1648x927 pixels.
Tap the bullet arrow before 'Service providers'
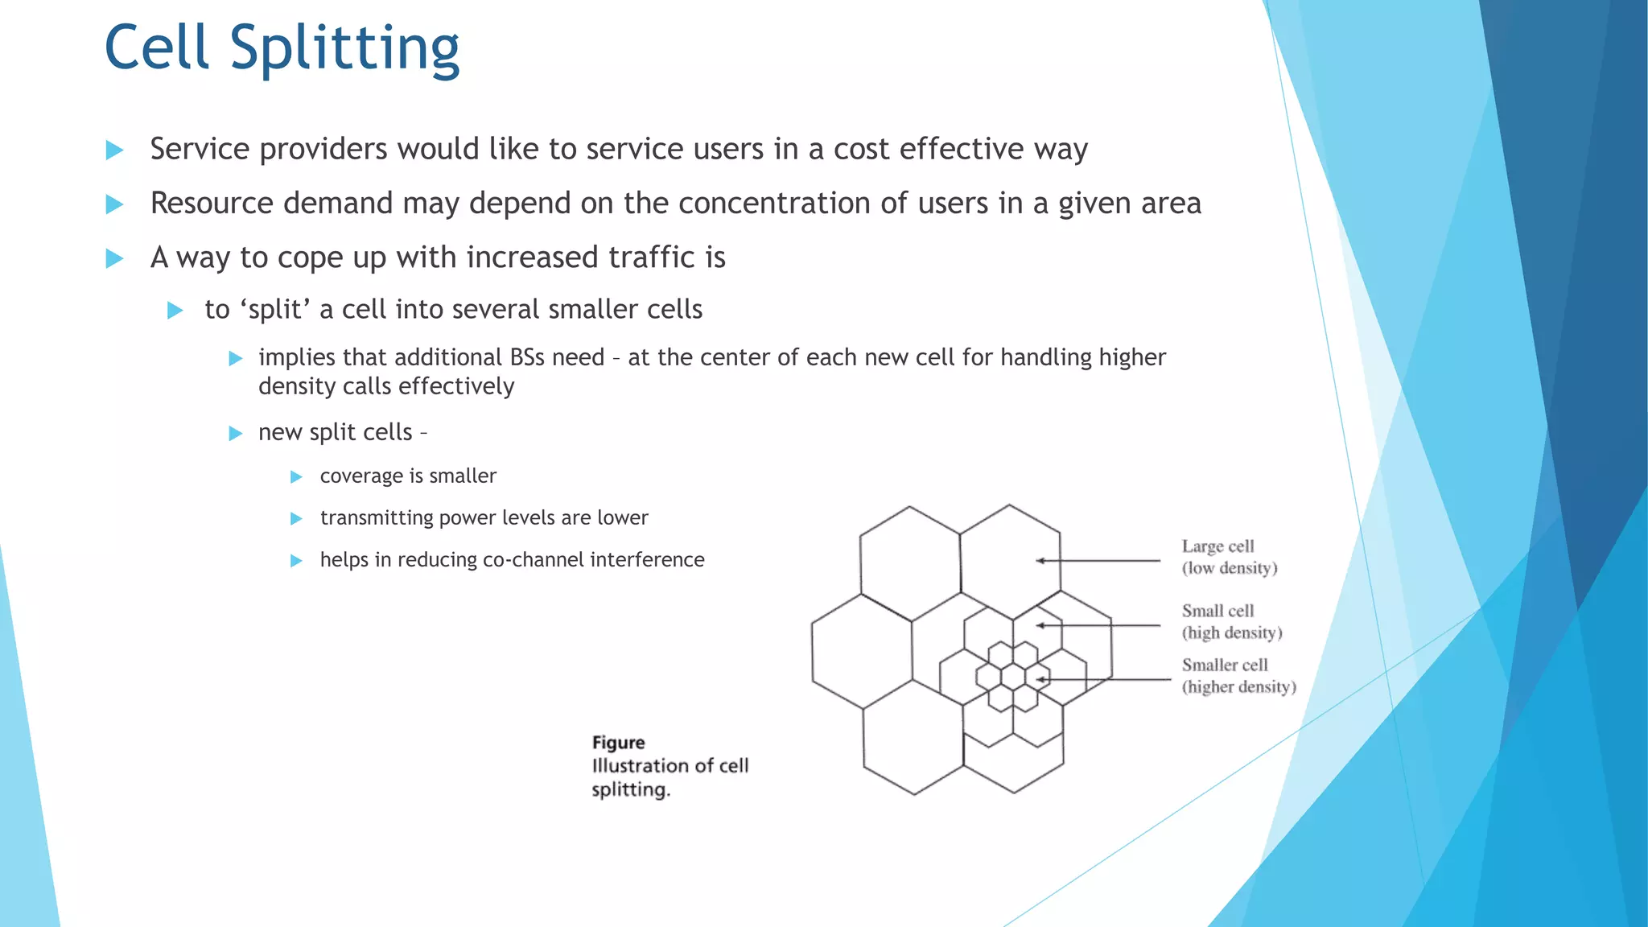pyautogui.click(x=114, y=150)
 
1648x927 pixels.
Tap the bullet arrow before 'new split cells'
pyautogui.click(x=236, y=434)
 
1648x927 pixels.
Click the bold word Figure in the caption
pyautogui.click(x=618, y=743)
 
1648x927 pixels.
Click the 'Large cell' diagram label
pyautogui.click(x=1217, y=546)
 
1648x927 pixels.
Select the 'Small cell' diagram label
pyautogui.click(x=1217, y=611)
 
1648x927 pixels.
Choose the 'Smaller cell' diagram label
pyautogui.click(x=1224, y=665)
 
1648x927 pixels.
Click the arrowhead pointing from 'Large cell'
pyautogui.click(x=1040, y=561)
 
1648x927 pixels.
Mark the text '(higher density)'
pyautogui.click(x=1238, y=686)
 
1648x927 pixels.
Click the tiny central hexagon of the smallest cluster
pyautogui.click(x=1013, y=677)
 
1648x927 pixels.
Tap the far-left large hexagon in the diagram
pyautogui.click(x=861, y=652)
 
